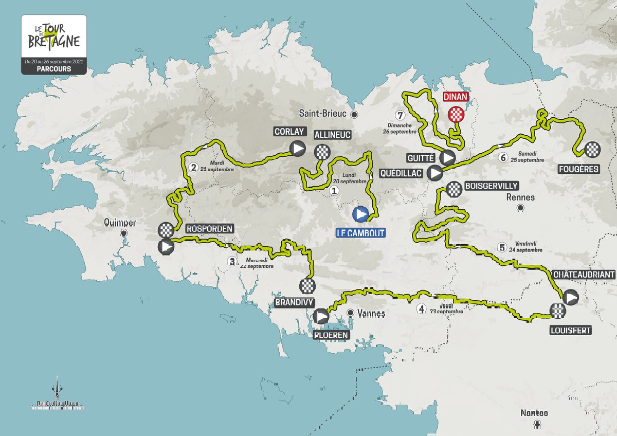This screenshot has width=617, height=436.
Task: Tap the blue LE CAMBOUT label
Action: (360, 233)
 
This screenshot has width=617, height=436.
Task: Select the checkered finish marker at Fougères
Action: (592, 150)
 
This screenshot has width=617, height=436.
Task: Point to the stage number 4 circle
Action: (422, 310)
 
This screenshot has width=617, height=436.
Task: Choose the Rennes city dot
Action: (520, 208)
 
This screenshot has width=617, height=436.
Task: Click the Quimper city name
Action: (119, 223)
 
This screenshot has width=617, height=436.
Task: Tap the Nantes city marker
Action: (538, 424)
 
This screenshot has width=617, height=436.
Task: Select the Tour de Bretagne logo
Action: (54, 39)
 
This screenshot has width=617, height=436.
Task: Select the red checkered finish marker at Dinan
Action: (456, 115)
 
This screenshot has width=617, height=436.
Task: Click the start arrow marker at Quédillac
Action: (435, 173)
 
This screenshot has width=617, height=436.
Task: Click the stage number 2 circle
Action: (193, 167)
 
